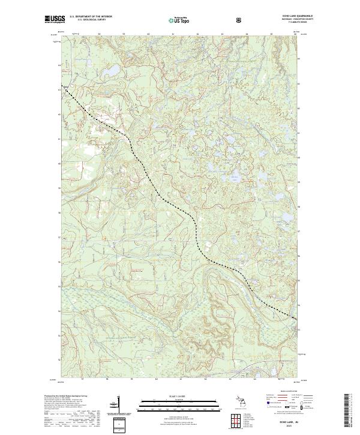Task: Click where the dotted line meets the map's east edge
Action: [296, 319]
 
